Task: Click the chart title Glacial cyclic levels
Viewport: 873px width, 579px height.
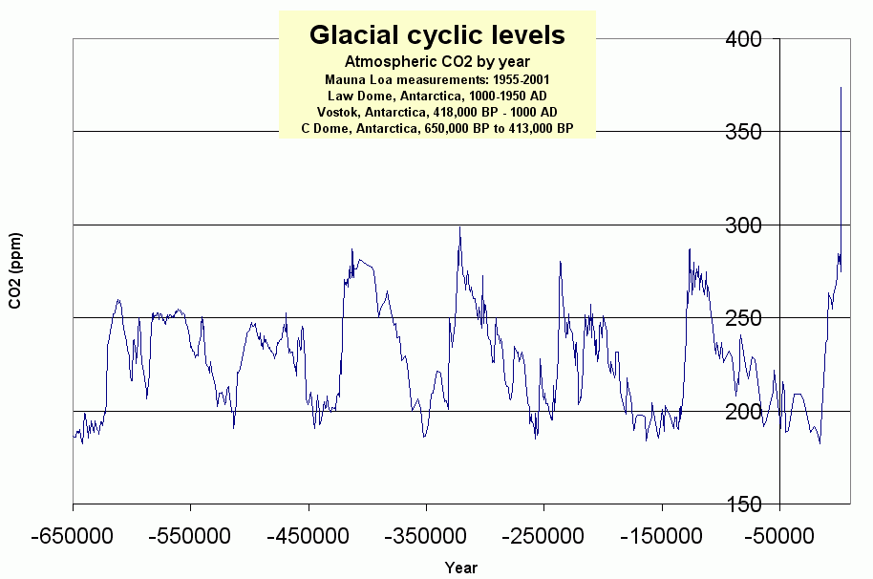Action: [x=436, y=35]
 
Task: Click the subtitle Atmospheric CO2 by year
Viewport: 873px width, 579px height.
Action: [x=436, y=61]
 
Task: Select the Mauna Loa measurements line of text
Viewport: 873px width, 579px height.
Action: [x=436, y=79]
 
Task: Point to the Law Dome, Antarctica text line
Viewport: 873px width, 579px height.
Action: [x=436, y=96]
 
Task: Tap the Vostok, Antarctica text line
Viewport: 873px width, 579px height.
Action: [x=436, y=112]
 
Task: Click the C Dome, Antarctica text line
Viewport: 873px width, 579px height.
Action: [x=436, y=129]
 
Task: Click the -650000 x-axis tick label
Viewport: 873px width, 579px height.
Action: [x=73, y=534]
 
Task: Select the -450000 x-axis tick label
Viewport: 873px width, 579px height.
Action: [x=308, y=534]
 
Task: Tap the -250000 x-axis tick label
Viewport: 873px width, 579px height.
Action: [x=543, y=534]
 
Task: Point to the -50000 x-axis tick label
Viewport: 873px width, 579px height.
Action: [x=779, y=534]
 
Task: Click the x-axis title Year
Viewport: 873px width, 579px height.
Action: [x=460, y=568]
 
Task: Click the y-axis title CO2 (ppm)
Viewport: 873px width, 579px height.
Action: [x=15, y=270]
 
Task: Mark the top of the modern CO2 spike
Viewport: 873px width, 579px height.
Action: [x=841, y=88]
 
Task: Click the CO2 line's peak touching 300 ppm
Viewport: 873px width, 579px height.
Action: [x=459, y=227]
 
